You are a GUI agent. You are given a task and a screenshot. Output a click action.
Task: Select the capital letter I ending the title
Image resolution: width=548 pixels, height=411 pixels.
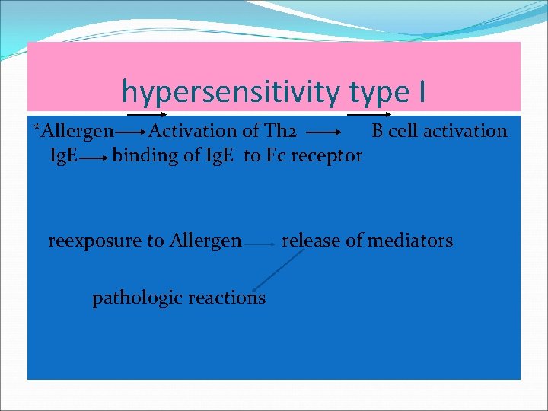[x=421, y=92]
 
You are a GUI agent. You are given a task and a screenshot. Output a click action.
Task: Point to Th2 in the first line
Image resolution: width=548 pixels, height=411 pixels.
[x=272, y=131]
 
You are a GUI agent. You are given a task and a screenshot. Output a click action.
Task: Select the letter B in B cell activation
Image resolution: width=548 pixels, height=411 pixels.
[x=378, y=131]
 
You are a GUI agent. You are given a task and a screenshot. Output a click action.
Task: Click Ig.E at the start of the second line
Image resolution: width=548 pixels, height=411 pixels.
[x=62, y=157]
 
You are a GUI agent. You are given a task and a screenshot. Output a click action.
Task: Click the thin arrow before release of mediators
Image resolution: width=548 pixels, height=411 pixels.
[x=261, y=244]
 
